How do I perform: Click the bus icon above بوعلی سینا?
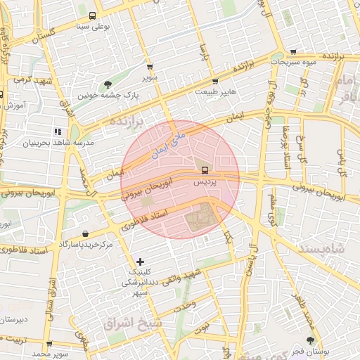93,16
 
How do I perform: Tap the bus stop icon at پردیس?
205,170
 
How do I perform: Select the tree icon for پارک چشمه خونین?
107,84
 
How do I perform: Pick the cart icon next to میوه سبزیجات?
292,51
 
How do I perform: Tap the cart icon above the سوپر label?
150,65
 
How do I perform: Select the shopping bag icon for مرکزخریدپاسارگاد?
85,233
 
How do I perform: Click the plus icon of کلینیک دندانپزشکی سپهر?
141,262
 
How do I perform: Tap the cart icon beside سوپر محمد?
49,344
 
